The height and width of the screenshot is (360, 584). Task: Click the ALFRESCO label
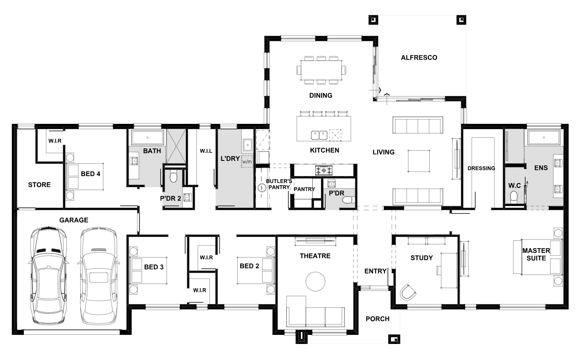click(x=419, y=58)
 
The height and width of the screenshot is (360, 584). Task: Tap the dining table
click(x=321, y=70)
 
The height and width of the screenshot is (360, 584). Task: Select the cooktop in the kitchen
click(x=324, y=170)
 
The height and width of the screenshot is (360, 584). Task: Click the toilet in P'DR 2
click(x=173, y=177)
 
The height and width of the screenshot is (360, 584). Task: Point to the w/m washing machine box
click(x=247, y=162)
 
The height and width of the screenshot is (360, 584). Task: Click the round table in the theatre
click(x=315, y=281)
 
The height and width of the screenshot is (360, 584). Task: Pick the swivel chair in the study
click(x=408, y=292)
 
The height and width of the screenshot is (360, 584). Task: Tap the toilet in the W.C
click(x=514, y=197)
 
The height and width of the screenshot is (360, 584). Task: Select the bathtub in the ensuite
click(x=544, y=137)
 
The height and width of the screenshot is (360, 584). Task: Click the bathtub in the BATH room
click(x=148, y=137)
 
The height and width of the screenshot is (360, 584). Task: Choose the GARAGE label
click(x=74, y=220)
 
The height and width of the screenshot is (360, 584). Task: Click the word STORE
click(x=40, y=185)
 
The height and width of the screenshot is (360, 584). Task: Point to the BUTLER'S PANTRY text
click(x=279, y=184)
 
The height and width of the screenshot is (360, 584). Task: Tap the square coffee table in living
click(x=419, y=161)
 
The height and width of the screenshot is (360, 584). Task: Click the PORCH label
click(x=377, y=319)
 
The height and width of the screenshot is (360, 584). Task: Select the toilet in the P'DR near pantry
click(x=349, y=200)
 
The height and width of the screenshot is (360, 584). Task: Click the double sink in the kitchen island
click(x=319, y=135)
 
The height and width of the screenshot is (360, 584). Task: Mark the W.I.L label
click(x=206, y=151)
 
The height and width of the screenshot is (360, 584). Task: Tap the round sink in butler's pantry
click(x=262, y=188)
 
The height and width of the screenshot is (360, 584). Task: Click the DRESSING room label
click(x=481, y=168)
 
